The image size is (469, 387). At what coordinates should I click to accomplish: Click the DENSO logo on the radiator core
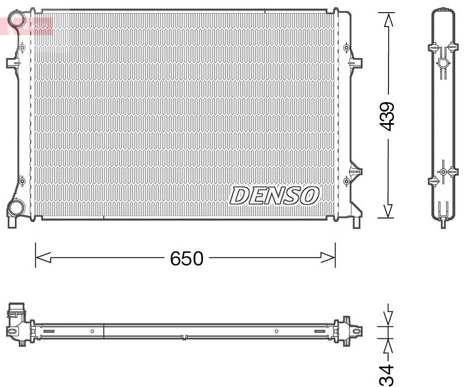click(x=274, y=195)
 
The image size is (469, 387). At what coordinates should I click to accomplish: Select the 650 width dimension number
click(x=186, y=258)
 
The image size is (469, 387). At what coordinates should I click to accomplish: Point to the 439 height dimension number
click(x=388, y=115)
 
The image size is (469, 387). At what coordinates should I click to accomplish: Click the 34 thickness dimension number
click(x=388, y=375)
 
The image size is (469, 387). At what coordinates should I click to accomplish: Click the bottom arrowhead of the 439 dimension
click(x=388, y=210)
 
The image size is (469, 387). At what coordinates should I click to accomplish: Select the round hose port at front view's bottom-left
click(x=16, y=209)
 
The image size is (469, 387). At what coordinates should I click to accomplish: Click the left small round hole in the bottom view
click(x=92, y=331)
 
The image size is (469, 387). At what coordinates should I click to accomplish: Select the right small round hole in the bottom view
click(x=276, y=331)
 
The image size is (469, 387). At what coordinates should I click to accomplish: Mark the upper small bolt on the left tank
click(x=22, y=48)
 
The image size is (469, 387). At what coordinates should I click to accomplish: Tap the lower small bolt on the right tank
click(x=346, y=181)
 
